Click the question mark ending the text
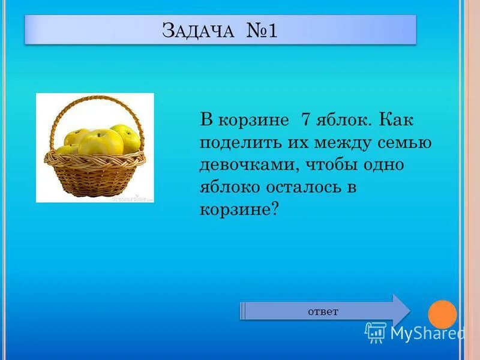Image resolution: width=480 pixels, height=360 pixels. (275, 209)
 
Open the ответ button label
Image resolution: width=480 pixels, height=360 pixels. (323, 311)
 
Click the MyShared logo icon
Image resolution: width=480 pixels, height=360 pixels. (376, 332)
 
